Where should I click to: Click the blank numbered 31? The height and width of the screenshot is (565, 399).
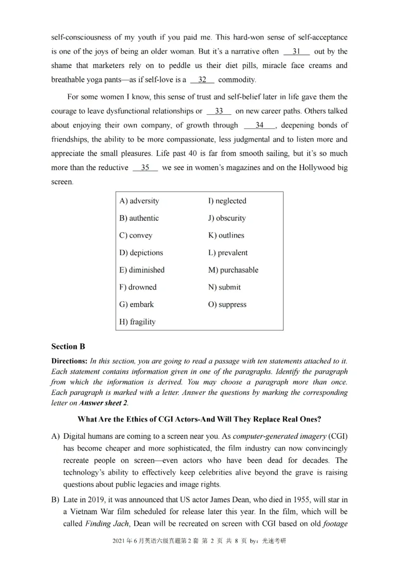[x=296, y=51]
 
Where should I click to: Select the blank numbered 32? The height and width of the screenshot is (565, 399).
[x=202, y=80]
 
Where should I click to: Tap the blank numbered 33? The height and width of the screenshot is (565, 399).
[x=219, y=111]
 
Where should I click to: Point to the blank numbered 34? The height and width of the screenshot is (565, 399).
[x=259, y=125]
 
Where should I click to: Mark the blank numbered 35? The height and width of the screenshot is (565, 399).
[x=145, y=168]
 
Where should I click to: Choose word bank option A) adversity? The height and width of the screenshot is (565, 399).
[x=139, y=201]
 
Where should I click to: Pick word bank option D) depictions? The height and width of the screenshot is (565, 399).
[x=141, y=253]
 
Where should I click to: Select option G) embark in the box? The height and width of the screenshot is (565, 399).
[x=136, y=304]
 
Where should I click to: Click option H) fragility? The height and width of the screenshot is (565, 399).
[x=137, y=322]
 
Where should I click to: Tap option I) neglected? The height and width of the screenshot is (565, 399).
[x=227, y=201]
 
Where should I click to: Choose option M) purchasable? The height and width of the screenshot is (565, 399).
[x=233, y=270]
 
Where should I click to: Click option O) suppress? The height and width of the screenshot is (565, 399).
[x=227, y=304]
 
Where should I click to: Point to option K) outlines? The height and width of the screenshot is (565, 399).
[x=226, y=236]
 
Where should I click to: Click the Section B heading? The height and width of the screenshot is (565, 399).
[x=64, y=346]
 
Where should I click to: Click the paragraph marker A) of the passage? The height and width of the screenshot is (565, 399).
[x=55, y=437]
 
